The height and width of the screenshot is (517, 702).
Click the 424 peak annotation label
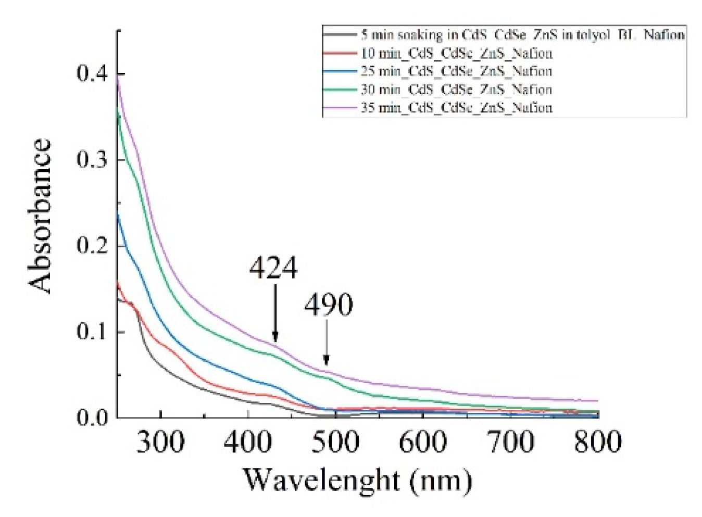[273, 268]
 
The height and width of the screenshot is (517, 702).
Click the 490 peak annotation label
[329, 305]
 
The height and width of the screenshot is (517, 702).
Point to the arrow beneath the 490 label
[327, 343]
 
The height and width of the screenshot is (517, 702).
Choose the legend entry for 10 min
[456, 53]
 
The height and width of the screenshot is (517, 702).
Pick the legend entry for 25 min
[456, 71]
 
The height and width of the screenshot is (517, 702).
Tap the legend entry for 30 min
[456, 90]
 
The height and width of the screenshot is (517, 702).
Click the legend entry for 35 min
[456, 108]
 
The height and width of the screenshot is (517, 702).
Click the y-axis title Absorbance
[41, 216]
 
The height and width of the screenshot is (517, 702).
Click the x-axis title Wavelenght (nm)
[358, 480]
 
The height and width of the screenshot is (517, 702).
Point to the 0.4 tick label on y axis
[92, 73]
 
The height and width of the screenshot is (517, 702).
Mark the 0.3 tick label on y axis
[92, 159]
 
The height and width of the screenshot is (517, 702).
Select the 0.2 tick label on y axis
[92, 245]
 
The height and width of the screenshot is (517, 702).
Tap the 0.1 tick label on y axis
[92, 331]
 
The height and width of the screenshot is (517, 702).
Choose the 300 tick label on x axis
[160, 442]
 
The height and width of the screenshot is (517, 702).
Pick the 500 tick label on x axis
[335, 442]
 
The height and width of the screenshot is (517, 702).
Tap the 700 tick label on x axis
[510, 442]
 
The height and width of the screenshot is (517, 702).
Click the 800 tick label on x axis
[597, 442]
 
